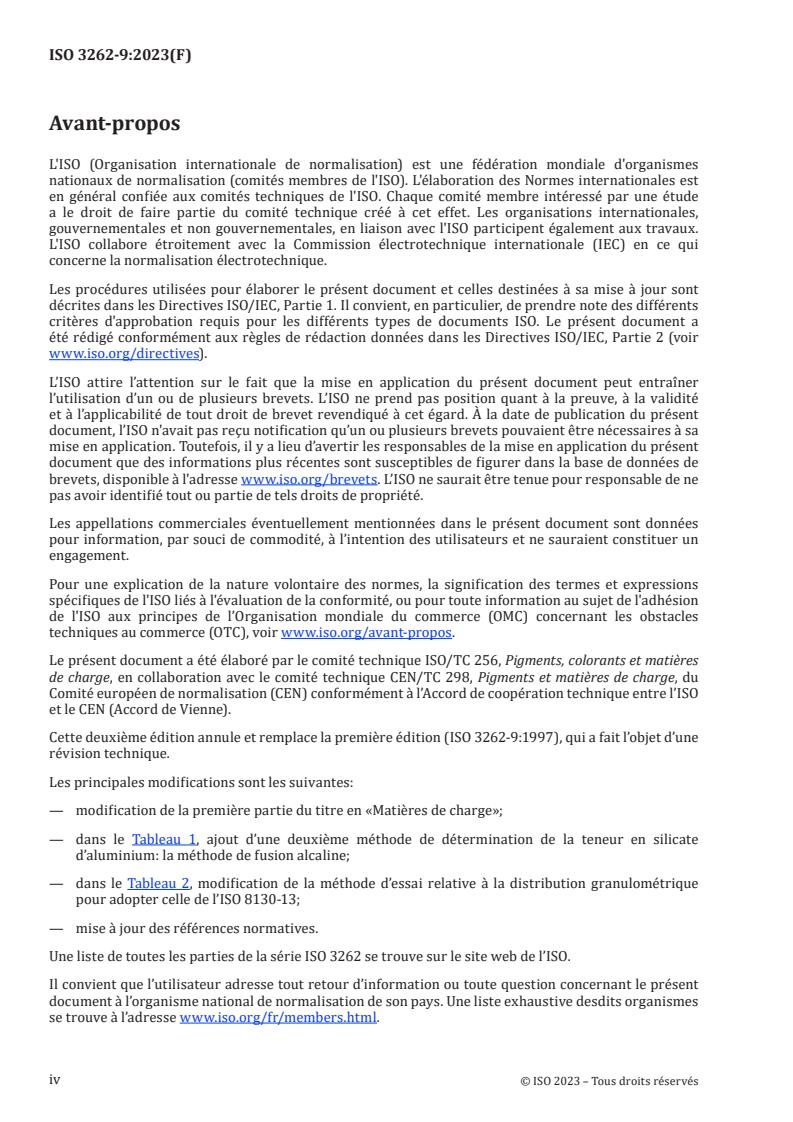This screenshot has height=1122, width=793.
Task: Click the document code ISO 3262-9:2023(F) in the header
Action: pyautogui.click(x=120, y=56)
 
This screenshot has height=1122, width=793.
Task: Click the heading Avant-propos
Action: pyautogui.click(x=116, y=125)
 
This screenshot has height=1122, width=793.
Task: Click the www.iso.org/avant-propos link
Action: pyautogui.click(x=367, y=633)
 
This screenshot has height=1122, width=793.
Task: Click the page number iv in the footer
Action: pyautogui.click(x=55, y=1080)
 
